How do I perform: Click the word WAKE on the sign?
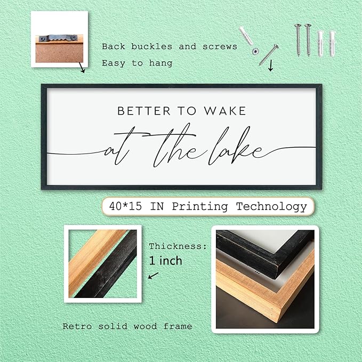tap(225, 111)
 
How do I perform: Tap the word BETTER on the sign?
tap(144, 111)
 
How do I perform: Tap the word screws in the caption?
tap(220, 46)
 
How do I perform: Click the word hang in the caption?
tap(160, 63)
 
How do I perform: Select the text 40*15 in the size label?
tap(126, 206)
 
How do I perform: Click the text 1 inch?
tap(165, 261)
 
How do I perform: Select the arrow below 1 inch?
tap(154, 276)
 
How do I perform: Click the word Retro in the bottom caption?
tap(77, 326)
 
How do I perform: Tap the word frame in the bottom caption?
tap(178, 326)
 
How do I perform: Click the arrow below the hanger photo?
tap(82, 67)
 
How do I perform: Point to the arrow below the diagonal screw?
tap(271, 66)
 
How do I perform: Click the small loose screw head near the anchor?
tap(255, 52)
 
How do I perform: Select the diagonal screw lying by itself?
tap(269, 55)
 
